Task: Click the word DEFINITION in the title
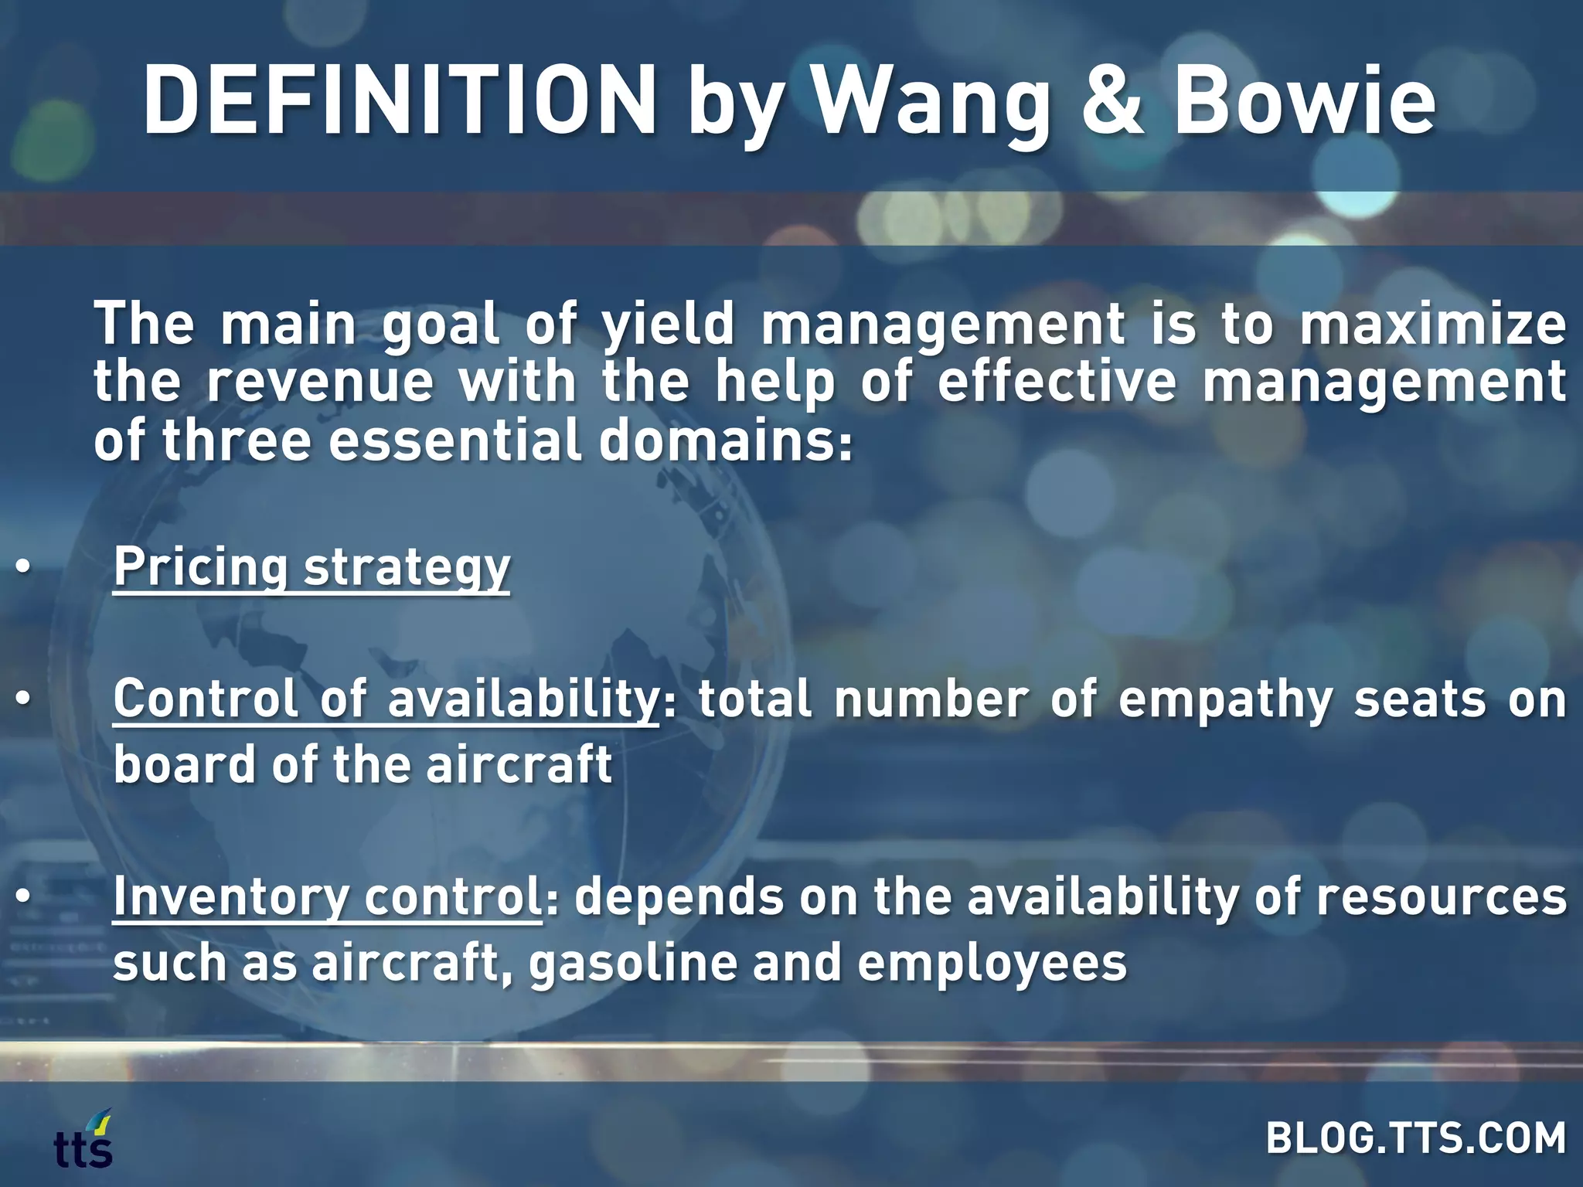(399, 101)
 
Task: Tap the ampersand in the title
(1112, 101)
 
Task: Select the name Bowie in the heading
(1304, 101)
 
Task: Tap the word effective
(1057, 383)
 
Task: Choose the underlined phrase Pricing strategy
(311, 568)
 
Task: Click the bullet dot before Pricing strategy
(23, 568)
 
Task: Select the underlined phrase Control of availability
(385, 700)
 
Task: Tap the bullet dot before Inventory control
(23, 896)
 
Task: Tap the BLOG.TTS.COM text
(1415, 1138)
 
